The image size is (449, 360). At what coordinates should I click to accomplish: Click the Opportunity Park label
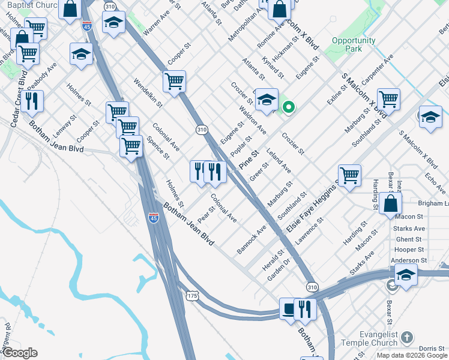(x=354, y=44)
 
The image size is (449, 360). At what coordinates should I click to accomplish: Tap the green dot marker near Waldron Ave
(x=289, y=107)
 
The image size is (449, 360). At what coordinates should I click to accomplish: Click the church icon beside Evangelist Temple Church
(x=408, y=337)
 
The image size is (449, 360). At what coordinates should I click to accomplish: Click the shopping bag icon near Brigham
(x=390, y=203)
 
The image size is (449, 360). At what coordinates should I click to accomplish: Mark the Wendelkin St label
(x=148, y=92)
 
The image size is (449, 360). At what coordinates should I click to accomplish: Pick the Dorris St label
(x=432, y=348)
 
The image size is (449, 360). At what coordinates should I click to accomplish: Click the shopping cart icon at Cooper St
(x=174, y=80)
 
